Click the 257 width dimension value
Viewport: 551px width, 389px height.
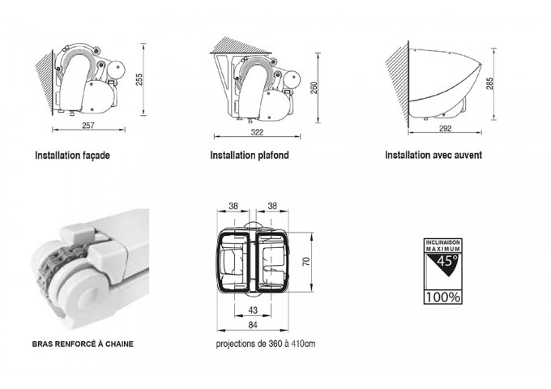coord(88,125)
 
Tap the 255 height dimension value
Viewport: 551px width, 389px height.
coord(139,79)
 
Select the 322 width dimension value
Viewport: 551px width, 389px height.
coord(257,132)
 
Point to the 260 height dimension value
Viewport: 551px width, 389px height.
coord(314,88)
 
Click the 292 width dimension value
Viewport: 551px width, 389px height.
coord(445,129)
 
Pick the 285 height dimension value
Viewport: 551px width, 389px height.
coord(490,83)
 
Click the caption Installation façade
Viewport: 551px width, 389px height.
coord(72,156)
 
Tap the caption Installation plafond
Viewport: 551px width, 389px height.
coord(250,155)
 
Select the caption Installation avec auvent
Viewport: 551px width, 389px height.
coord(434,155)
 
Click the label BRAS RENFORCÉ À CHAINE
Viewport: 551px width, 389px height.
coord(83,344)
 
